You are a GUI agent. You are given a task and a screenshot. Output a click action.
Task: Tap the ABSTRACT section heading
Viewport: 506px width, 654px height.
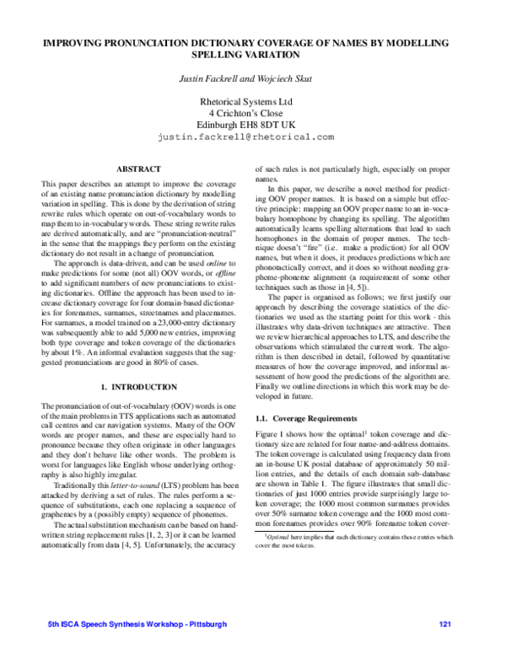138,169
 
